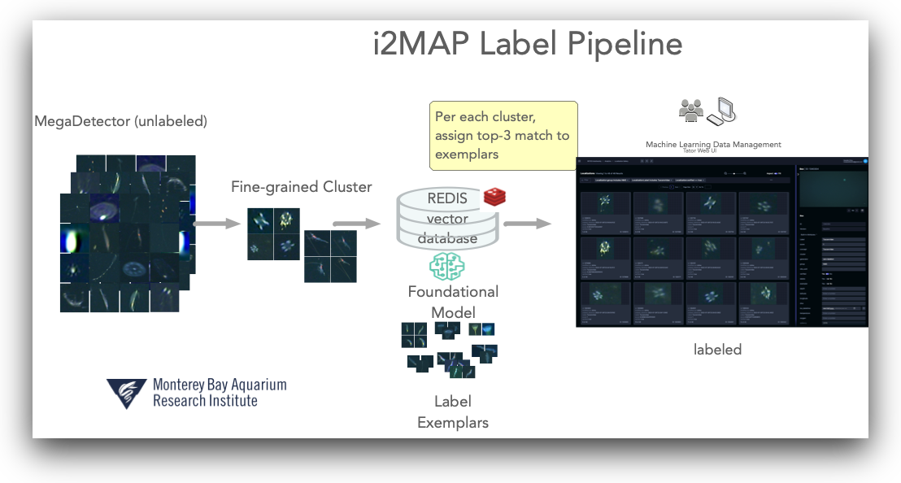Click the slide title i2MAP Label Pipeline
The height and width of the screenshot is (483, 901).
[527, 44]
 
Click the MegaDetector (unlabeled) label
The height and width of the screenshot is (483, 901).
[120, 121]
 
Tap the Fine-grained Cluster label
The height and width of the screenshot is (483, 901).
[301, 187]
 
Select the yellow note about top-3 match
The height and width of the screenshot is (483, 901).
[503, 135]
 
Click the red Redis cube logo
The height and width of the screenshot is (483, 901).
[495, 196]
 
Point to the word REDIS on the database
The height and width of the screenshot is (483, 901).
[447, 198]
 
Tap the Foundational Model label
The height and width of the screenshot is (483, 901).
[453, 302]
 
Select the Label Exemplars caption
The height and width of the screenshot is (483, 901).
[453, 411]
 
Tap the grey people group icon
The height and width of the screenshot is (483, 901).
[691, 111]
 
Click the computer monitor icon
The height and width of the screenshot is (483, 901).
[723, 111]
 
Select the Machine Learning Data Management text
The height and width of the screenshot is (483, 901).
[713, 144]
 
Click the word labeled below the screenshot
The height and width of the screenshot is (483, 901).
[717, 350]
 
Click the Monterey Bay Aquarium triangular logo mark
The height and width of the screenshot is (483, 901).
[127, 393]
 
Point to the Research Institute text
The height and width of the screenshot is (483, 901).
[205, 401]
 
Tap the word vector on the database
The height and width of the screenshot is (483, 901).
[446, 218]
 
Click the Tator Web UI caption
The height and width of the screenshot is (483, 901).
[713, 151]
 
